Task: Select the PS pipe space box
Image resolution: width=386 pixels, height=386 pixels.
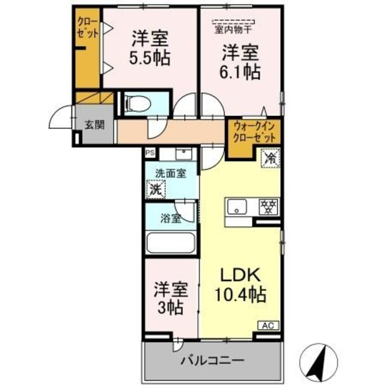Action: [x=149, y=153]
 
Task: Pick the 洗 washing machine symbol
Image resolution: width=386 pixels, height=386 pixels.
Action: [x=156, y=188]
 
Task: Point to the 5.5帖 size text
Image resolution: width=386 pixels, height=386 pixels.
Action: [x=150, y=58]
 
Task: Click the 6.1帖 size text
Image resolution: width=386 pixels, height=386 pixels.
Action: [x=240, y=72]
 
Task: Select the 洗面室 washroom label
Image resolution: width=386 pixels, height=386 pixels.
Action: [x=170, y=173]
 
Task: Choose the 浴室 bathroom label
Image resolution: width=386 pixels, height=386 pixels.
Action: [x=170, y=218]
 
